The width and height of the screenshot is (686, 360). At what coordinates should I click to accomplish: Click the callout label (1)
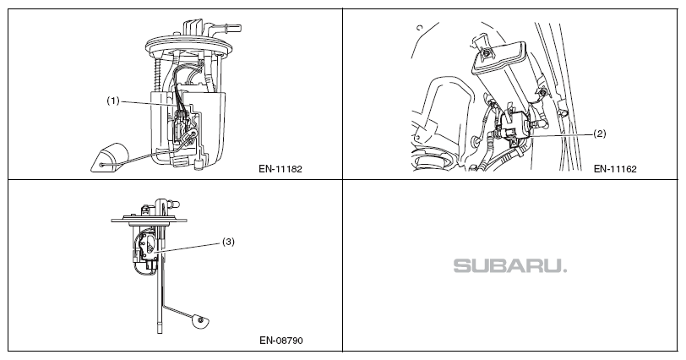114,101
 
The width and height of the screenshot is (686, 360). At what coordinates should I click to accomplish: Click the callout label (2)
600,134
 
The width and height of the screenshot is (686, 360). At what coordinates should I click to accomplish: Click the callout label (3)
228,241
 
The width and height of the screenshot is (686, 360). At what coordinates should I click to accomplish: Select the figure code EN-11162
614,168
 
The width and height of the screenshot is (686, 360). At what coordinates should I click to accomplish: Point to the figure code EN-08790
281,341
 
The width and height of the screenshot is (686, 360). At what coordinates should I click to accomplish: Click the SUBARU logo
510,266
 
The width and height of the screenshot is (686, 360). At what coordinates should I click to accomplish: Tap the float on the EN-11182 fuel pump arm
106,159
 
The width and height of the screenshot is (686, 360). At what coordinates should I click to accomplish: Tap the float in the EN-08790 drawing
199,319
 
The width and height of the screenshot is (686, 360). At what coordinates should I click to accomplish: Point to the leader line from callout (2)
558,134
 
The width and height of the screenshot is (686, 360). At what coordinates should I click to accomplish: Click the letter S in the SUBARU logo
463,266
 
